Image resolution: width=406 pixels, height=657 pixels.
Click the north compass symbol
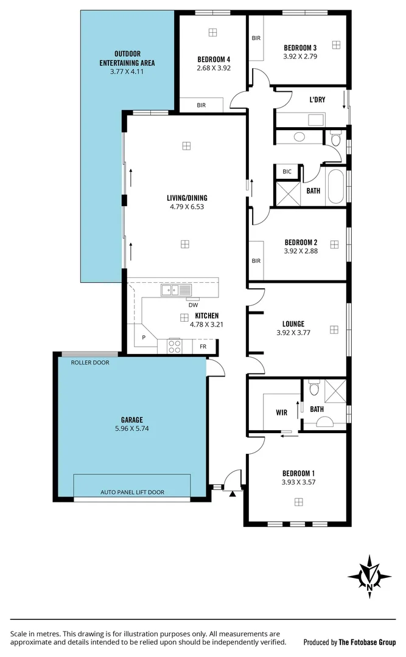tap(369, 574)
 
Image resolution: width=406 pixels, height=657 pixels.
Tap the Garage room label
tap(131, 420)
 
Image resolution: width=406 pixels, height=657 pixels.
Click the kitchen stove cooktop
tap(174, 347)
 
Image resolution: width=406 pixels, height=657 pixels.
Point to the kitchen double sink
tap(177, 291)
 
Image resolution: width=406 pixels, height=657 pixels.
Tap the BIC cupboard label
tap(287, 172)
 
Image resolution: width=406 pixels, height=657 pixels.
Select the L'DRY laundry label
tap(317, 100)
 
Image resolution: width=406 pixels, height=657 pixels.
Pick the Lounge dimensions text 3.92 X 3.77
tap(293, 333)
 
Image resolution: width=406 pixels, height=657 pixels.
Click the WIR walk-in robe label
tap(281, 412)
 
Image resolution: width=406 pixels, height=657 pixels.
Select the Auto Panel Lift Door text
tap(132, 492)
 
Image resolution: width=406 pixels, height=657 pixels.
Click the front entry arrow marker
tap(232, 495)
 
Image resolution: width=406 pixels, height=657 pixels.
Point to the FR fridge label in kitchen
tap(203, 347)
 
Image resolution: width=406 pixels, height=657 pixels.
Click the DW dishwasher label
tap(193, 305)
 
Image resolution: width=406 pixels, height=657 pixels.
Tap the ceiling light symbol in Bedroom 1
tap(298, 501)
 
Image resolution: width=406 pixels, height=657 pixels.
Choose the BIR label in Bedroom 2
tap(256, 261)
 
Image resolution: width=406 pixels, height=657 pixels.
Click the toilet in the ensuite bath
tap(314, 387)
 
